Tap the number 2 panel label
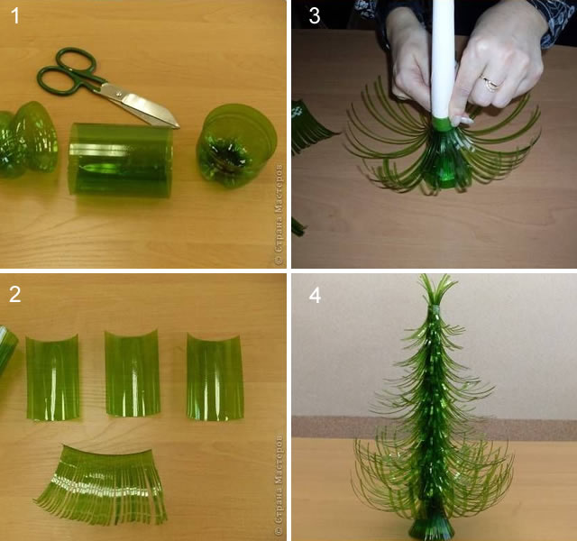tap(15, 296)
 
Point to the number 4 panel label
tap(314, 296)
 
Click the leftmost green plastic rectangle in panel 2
tap(52, 375)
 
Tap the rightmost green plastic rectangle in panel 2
tap(215, 375)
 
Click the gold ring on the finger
tap(490, 83)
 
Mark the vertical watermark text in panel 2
tap(279, 488)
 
